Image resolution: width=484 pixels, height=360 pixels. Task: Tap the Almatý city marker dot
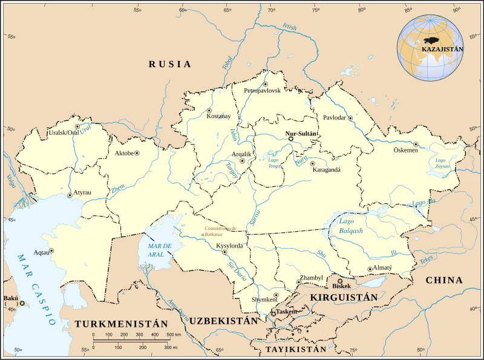coord(370,269)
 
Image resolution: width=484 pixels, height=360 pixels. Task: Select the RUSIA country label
coord(170,64)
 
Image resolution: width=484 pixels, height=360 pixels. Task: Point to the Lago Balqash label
coord(352,227)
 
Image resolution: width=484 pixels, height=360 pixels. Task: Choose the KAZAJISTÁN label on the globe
coord(443,48)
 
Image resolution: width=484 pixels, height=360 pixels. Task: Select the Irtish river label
coord(290,27)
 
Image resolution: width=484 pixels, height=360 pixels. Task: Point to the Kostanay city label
coord(219,116)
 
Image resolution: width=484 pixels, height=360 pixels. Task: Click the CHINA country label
coord(444,280)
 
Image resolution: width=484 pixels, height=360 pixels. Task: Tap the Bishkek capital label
coord(342,286)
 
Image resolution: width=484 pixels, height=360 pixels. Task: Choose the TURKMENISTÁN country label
coord(121,324)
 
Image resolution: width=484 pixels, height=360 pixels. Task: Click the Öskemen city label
coord(406,150)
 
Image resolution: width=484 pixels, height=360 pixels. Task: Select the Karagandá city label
coord(326,170)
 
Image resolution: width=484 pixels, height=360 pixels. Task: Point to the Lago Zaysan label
coord(443,163)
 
